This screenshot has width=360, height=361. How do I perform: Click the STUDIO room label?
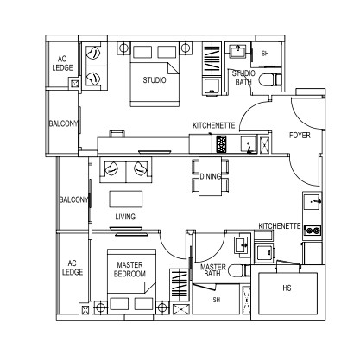click(155, 79)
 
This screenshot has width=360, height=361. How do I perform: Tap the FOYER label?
click(300, 135)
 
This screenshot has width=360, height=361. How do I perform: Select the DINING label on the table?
click(211, 176)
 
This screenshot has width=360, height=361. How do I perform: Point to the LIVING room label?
click(125, 217)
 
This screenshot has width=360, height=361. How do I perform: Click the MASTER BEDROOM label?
click(129, 269)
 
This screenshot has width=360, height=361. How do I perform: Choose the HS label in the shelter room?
click(287, 288)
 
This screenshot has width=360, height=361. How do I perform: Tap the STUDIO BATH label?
click(243, 78)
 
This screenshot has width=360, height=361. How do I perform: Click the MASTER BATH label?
click(213, 270)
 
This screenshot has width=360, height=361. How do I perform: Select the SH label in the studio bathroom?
click(265, 54)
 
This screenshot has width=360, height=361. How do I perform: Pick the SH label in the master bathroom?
click(217, 300)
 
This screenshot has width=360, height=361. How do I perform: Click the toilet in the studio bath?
click(270, 79)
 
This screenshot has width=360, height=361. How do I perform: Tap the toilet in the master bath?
click(239, 270)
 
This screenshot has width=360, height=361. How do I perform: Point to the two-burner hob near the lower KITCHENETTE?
click(313, 231)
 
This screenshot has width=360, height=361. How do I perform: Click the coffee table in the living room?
click(126, 199)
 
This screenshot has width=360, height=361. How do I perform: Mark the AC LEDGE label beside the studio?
click(62, 64)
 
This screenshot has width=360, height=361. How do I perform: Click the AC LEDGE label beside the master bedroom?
click(73, 268)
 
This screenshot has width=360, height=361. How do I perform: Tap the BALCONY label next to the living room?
click(73, 199)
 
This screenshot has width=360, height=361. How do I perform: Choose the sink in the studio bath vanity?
click(237, 52)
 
